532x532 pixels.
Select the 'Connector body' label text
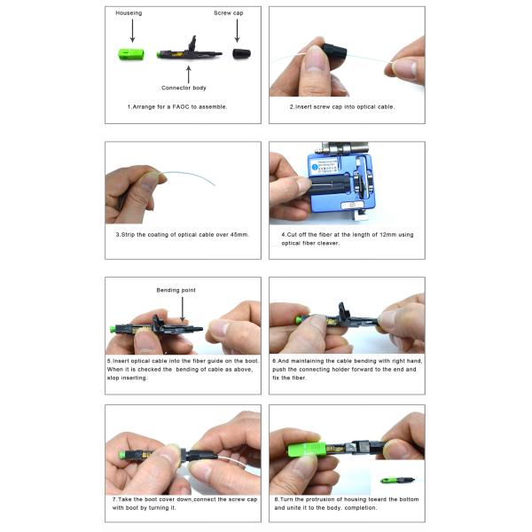(184, 88)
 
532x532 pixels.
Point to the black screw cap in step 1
(239, 54)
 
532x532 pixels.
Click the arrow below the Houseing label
(131, 32)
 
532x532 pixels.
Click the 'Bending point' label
(176, 290)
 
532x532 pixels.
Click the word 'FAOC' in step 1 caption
(175, 106)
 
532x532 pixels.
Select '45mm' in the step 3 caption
(238, 235)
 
